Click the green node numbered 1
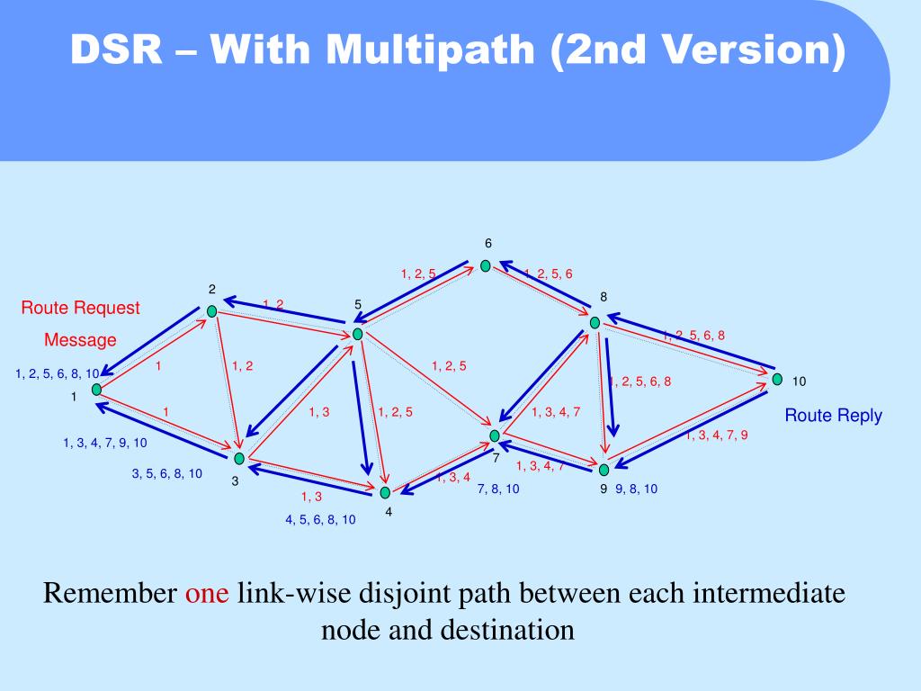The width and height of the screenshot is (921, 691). [x=96, y=390]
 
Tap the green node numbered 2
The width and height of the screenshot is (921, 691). [x=212, y=311]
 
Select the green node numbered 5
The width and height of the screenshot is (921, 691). [x=357, y=334]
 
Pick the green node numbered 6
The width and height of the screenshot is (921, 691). [x=486, y=265]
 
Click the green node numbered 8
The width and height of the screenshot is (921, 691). [x=595, y=322]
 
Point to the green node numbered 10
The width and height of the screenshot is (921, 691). [x=777, y=380]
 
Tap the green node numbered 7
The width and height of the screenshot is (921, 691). [x=494, y=435]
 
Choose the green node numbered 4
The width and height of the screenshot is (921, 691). [x=385, y=492]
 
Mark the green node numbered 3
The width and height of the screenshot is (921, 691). [x=239, y=459]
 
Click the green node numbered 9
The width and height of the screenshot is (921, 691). [x=604, y=469]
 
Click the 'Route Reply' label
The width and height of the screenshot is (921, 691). [x=833, y=416]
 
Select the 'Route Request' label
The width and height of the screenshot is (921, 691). [x=81, y=308]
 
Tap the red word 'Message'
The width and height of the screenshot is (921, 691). [x=81, y=340]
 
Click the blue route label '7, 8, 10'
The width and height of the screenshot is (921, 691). [x=498, y=489]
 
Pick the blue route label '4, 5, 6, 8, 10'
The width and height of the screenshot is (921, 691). [x=320, y=519]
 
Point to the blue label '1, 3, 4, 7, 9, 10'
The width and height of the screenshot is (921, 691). [x=105, y=443]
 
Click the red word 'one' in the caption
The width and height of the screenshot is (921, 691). [x=208, y=594]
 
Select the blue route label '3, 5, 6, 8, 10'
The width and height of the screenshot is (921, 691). [x=167, y=473]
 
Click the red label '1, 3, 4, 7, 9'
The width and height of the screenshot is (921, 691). [x=717, y=435]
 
